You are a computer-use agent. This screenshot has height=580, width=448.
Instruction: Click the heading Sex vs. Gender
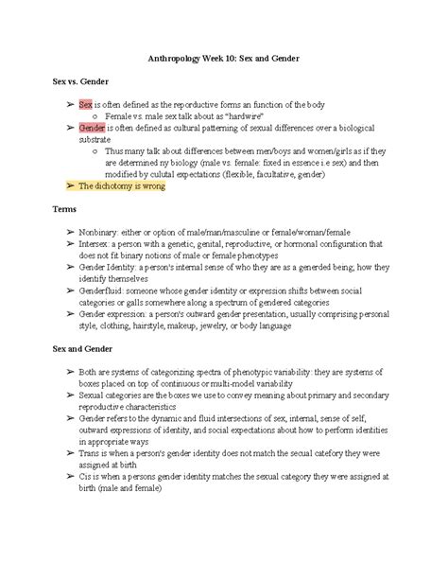tap(73, 81)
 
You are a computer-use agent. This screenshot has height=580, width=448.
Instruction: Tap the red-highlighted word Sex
tap(86, 103)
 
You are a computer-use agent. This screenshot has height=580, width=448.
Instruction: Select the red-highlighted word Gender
tap(92, 126)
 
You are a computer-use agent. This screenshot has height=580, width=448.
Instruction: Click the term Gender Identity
tap(112, 268)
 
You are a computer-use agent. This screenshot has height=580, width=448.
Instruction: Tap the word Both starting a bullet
tap(91, 372)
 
